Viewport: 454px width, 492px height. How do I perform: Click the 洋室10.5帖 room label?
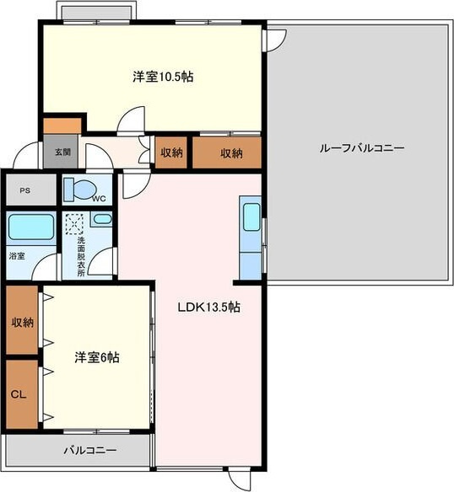coord(163,77)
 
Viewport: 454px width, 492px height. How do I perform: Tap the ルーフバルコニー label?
coord(362,147)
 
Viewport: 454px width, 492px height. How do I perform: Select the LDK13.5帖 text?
coord(209,307)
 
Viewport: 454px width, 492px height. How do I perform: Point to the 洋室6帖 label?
coord(97,357)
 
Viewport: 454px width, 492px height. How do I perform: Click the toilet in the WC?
coord(79,190)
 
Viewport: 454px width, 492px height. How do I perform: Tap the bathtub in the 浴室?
coord(31,227)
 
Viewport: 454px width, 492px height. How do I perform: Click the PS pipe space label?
coord(25,190)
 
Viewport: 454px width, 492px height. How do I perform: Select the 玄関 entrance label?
coord(62,152)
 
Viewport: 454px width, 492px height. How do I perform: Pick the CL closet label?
coord(19,394)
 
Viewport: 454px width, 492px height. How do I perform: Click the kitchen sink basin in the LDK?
coord(252,217)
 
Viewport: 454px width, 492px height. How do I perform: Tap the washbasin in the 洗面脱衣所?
coord(103,219)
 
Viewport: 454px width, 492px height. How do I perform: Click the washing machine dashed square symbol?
coord(74,224)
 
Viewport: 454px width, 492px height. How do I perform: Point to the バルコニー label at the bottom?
coord(90,451)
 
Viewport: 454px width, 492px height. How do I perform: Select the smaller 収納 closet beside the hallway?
coord(171,152)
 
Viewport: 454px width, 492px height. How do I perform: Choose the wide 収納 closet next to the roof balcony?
coord(227,152)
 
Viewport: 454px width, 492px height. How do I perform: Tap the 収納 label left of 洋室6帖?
coord(23,323)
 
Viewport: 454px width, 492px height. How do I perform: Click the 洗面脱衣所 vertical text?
coord(81,257)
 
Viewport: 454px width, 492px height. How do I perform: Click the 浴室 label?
coord(17,256)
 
